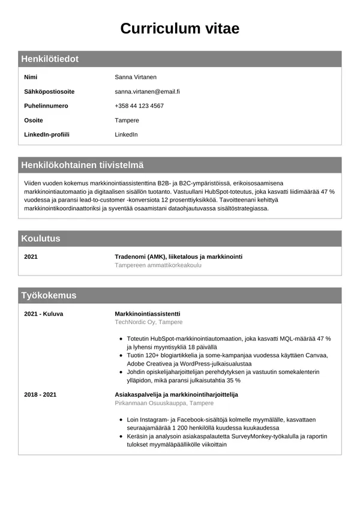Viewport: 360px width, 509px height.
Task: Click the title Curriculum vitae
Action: pyautogui.click(x=179, y=28)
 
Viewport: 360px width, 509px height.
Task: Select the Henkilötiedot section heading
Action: pyautogui.click(x=50, y=59)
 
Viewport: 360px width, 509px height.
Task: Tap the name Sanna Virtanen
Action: pyautogui.click(x=136, y=77)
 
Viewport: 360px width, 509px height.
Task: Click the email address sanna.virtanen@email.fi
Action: pyautogui.click(x=147, y=92)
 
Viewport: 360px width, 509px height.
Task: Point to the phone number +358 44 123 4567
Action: pyautogui.click(x=139, y=106)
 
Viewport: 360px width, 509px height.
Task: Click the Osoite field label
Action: pyautogui.click(x=33, y=120)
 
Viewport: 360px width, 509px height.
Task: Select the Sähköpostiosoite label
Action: pyautogui.click(x=49, y=92)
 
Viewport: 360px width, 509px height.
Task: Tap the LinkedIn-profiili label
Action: pyautogui.click(x=46, y=134)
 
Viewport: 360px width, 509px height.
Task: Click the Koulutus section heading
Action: pyautogui.click(x=41, y=238)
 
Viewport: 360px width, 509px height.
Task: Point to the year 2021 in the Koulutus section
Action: pyautogui.click(x=31, y=257)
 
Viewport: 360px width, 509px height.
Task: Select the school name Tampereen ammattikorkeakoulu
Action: pyautogui.click(x=158, y=265)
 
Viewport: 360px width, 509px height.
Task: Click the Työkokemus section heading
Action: pyautogui.click(x=49, y=295)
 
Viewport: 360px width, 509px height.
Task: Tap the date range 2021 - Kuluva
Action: pyautogui.click(x=43, y=314)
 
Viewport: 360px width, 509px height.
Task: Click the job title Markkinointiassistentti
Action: pyautogui.click(x=147, y=314)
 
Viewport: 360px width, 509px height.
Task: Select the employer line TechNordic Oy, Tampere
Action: pyautogui.click(x=148, y=322)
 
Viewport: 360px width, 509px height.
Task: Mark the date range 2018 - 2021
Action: pyautogui.click(x=40, y=394)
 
